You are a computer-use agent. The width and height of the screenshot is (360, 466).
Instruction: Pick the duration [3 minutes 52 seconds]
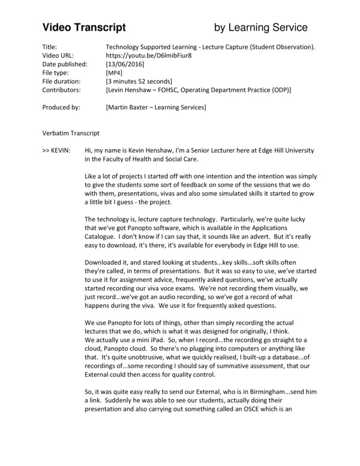[x=139, y=81]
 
